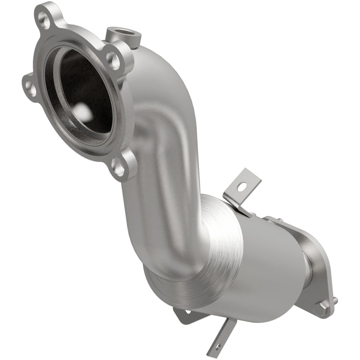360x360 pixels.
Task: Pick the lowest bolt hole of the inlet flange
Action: click(119, 168)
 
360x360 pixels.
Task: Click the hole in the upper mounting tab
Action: click(241, 188)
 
